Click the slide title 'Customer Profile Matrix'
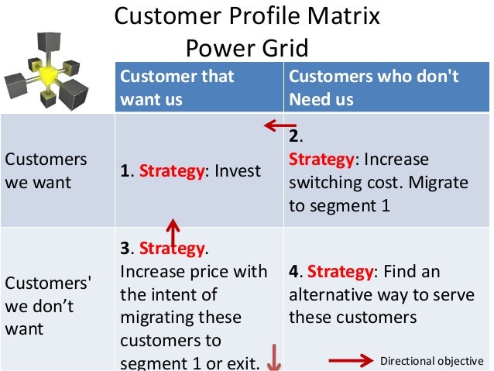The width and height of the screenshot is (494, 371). click(x=247, y=17)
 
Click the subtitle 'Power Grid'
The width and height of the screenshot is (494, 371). click(x=247, y=48)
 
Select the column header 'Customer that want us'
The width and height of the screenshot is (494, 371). click(x=177, y=88)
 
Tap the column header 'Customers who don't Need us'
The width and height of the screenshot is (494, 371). click(x=374, y=88)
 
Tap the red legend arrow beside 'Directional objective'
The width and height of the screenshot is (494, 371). click(x=352, y=360)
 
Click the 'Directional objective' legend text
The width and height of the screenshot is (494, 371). click(x=432, y=361)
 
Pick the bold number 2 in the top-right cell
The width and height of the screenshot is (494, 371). click(x=294, y=137)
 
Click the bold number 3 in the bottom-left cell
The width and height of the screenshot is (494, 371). click(x=125, y=249)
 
